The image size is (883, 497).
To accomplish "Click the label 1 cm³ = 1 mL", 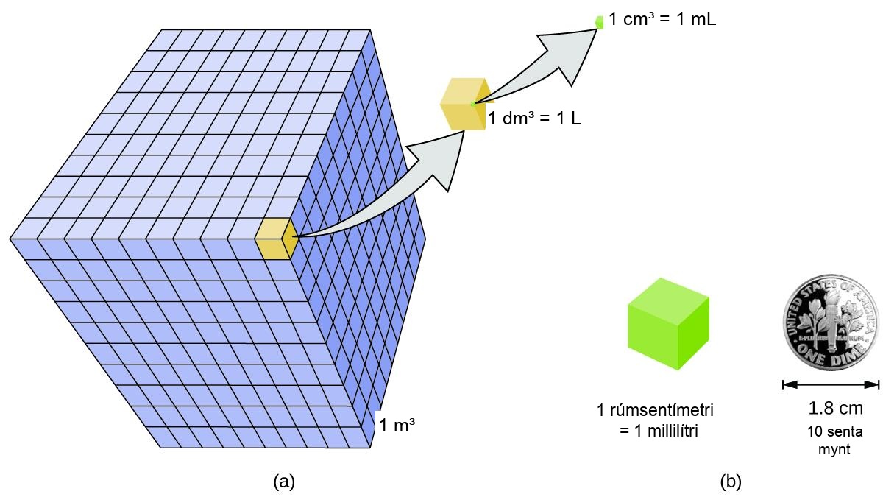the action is [x=662, y=19].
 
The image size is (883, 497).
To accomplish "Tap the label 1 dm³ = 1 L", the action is [x=534, y=118].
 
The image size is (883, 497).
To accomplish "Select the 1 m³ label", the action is [x=397, y=426].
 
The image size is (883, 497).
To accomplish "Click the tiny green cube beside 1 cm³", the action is [x=600, y=22].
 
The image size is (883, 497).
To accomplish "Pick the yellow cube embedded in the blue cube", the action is [x=276, y=239].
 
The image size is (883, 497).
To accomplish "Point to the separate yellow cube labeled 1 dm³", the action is [x=465, y=104].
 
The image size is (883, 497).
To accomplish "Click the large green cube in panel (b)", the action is [x=669, y=324].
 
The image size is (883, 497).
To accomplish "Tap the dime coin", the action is [x=831, y=322].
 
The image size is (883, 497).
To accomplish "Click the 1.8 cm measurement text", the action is [x=835, y=408].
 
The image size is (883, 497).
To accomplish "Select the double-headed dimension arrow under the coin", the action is [x=831, y=384].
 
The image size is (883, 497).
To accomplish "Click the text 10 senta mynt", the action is [x=834, y=440].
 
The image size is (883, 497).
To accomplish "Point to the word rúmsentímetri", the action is [x=662, y=410].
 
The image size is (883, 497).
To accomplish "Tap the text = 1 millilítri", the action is [x=659, y=431].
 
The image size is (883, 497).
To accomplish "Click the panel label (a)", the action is [x=284, y=482].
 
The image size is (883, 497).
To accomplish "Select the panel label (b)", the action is [x=731, y=482].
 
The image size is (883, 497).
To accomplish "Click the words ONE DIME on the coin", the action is [x=831, y=355].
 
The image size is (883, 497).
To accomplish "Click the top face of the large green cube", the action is [x=669, y=301].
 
